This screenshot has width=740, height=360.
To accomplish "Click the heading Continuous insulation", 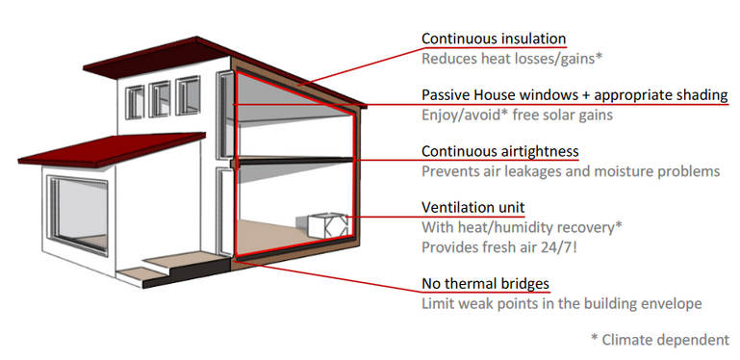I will (x=494, y=39).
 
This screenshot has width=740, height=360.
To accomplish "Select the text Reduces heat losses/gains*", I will (x=512, y=59).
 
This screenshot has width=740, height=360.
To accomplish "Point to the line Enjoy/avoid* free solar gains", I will (x=517, y=116).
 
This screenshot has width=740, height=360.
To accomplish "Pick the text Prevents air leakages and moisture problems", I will (x=571, y=171).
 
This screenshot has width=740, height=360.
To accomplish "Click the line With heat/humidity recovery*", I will (x=523, y=228).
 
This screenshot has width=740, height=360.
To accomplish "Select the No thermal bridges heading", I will (x=485, y=284).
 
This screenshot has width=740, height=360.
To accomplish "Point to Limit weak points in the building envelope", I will (x=562, y=303).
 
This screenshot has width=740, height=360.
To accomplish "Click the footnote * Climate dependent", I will (x=659, y=340).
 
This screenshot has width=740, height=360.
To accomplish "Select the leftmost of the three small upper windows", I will (x=135, y=99).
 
